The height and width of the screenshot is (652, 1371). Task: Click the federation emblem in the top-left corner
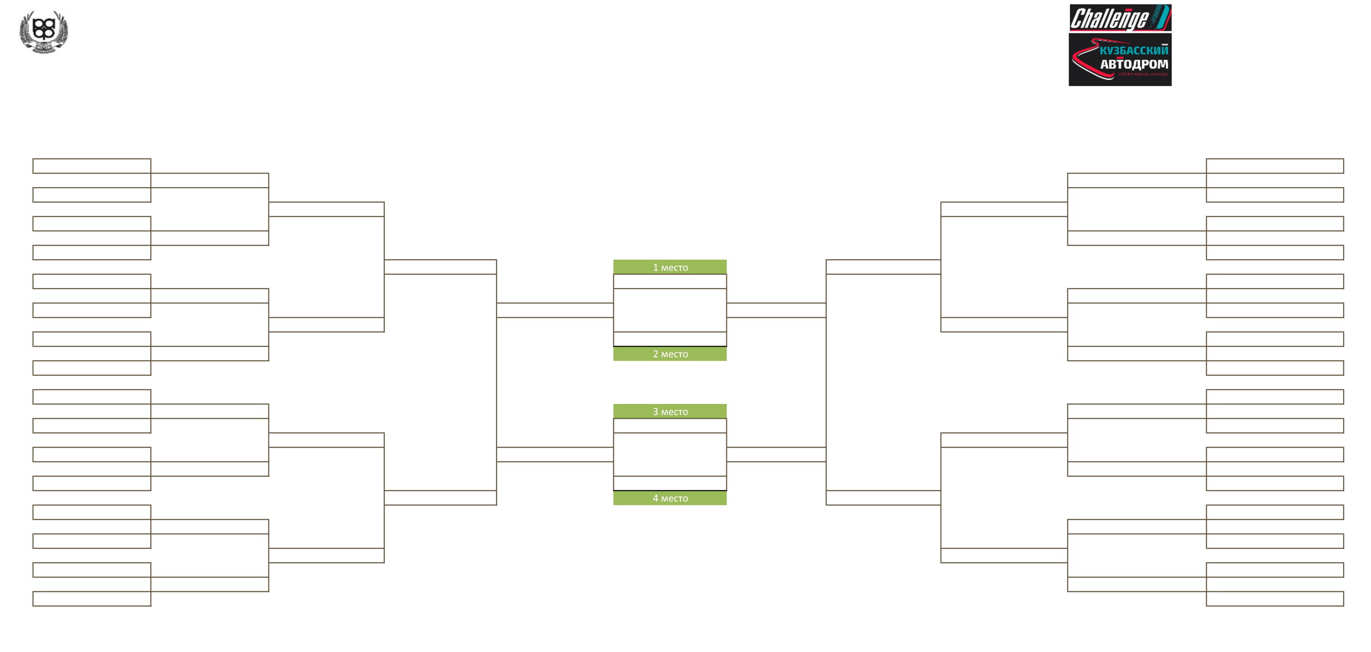coord(44,31)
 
